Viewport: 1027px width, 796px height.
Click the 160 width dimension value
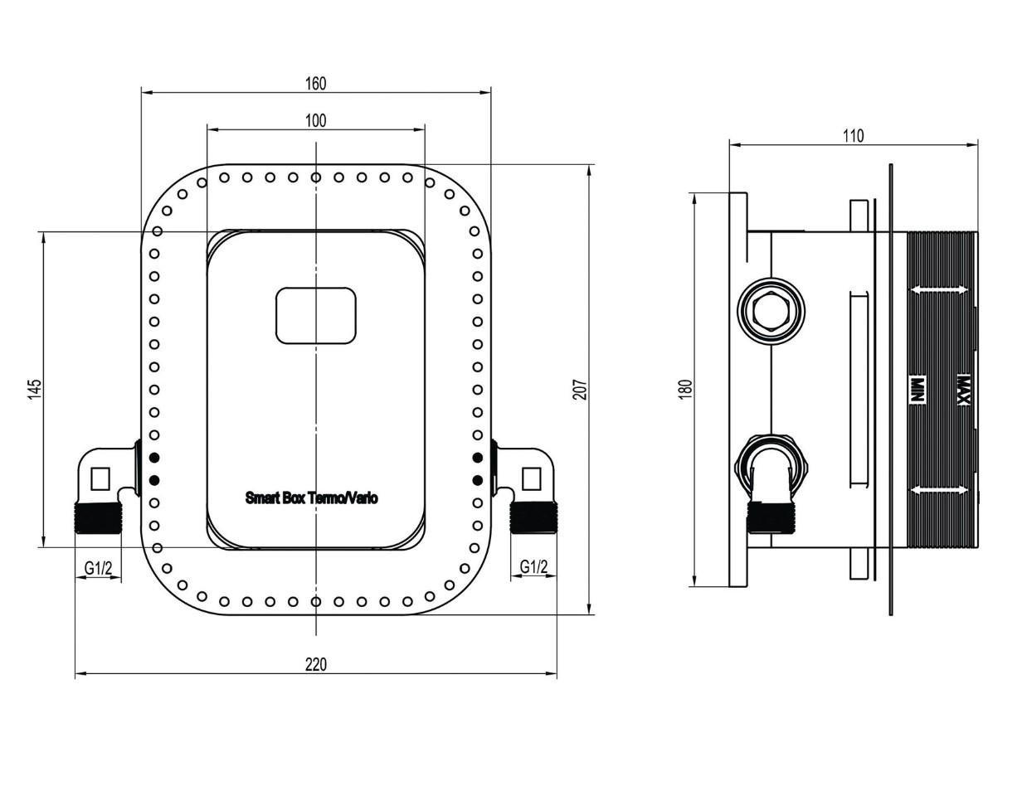(x=316, y=83)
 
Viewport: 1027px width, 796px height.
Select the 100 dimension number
(x=316, y=120)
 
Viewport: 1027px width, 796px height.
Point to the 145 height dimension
(x=34, y=389)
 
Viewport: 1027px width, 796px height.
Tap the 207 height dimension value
(x=580, y=389)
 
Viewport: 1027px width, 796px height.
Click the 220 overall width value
(x=316, y=664)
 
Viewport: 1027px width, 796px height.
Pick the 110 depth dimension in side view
(x=853, y=135)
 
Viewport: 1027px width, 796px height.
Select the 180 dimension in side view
(x=684, y=389)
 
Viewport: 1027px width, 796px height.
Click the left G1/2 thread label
(x=99, y=568)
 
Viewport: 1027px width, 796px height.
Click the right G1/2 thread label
(x=533, y=567)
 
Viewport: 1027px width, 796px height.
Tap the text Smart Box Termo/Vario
(x=312, y=498)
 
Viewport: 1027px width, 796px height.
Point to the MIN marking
(x=918, y=390)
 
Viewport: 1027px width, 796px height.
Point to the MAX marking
(x=963, y=390)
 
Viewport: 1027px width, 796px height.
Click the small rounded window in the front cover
(x=316, y=315)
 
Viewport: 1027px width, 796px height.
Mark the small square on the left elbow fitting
(x=100, y=478)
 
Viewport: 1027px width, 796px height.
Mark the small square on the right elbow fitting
(x=532, y=478)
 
